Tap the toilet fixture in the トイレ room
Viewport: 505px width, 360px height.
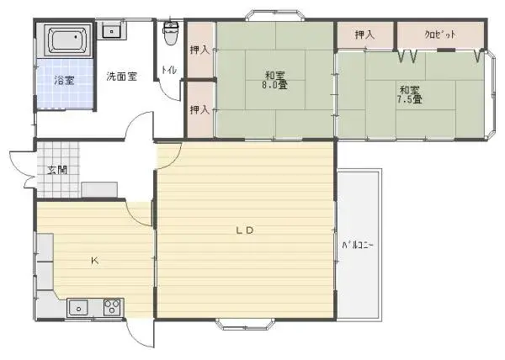(x=171, y=34)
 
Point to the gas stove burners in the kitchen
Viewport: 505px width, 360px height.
(x=112, y=308)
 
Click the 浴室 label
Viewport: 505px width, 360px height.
(x=64, y=81)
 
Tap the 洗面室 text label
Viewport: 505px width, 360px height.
(x=120, y=76)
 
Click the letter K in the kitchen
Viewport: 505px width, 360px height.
(x=94, y=261)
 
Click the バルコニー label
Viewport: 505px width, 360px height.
(x=357, y=246)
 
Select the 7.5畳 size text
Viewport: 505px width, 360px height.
(x=410, y=99)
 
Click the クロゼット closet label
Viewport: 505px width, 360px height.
(x=439, y=35)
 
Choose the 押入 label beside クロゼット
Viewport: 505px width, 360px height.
(x=364, y=35)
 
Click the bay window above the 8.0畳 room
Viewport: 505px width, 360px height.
(x=275, y=14)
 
